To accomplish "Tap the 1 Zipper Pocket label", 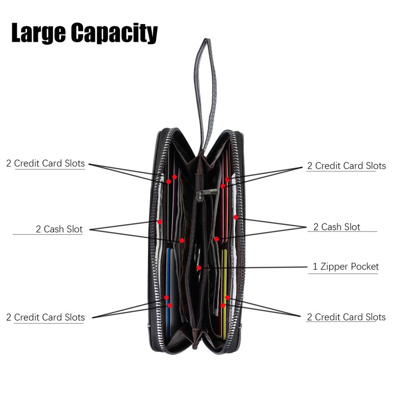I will click(x=346, y=267).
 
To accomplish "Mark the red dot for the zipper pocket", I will click(x=198, y=268).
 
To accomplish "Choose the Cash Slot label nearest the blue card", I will click(x=59, y=228).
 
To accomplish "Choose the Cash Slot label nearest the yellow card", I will click(x=337, y=226).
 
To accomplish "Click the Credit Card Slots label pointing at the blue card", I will click(x=45, y=317).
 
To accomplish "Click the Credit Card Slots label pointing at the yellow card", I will click(x=346, y=317).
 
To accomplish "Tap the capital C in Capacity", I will click(x=80, y=33).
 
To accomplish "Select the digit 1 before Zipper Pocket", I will click(x=315, y=267).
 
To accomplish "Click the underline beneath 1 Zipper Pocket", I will click(x=344, y=274).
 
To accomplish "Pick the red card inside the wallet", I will click(x=224, y=206).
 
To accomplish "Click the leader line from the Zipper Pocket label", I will click(x=255, y=267).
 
